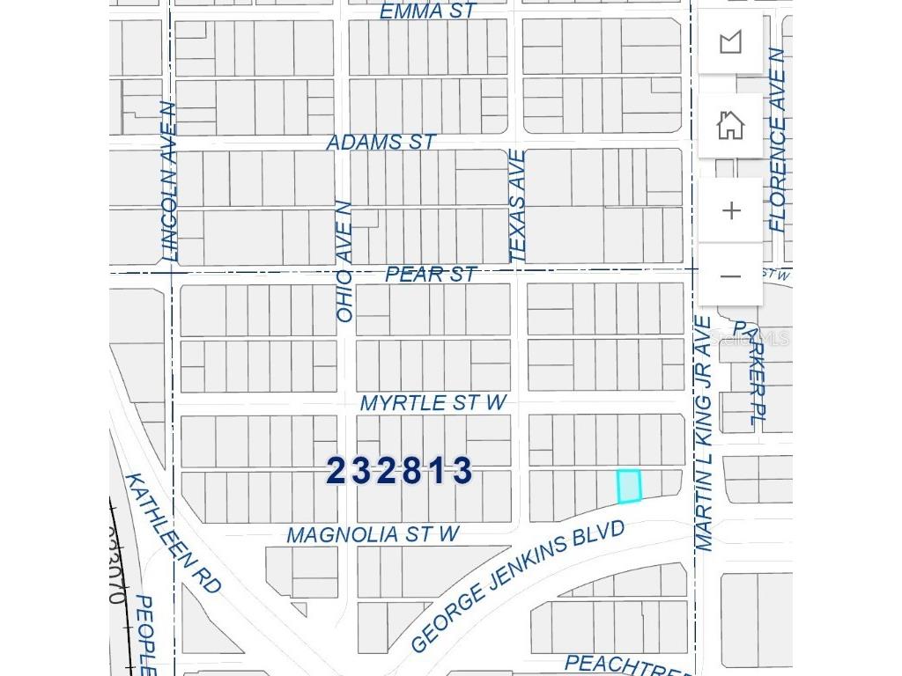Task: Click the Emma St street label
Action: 428,11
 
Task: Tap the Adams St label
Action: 381,142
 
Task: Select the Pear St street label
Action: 431,275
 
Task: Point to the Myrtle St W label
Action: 433,403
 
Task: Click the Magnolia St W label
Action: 373,534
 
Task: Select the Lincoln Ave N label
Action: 169,181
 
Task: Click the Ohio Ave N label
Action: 344,261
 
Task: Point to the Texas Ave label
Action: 518,205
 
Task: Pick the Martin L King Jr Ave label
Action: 704,433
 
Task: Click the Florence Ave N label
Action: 776,139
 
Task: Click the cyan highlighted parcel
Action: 629,486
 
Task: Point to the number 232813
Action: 400,471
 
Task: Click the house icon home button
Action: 730,126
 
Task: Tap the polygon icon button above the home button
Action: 730,41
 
